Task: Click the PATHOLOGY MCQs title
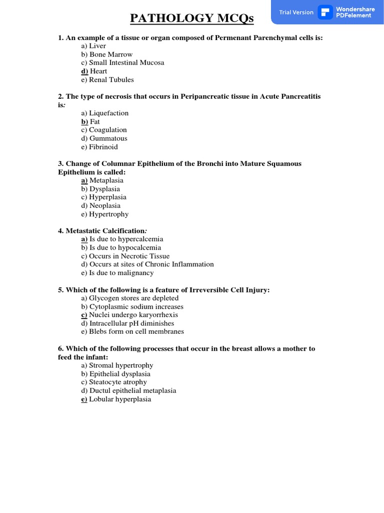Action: click(192, 19)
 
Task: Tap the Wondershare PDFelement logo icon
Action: click(325, 12)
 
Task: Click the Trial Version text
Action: click(296, 13)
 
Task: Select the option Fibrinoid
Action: click(103, 147)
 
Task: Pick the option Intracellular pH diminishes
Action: click(131, 323)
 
